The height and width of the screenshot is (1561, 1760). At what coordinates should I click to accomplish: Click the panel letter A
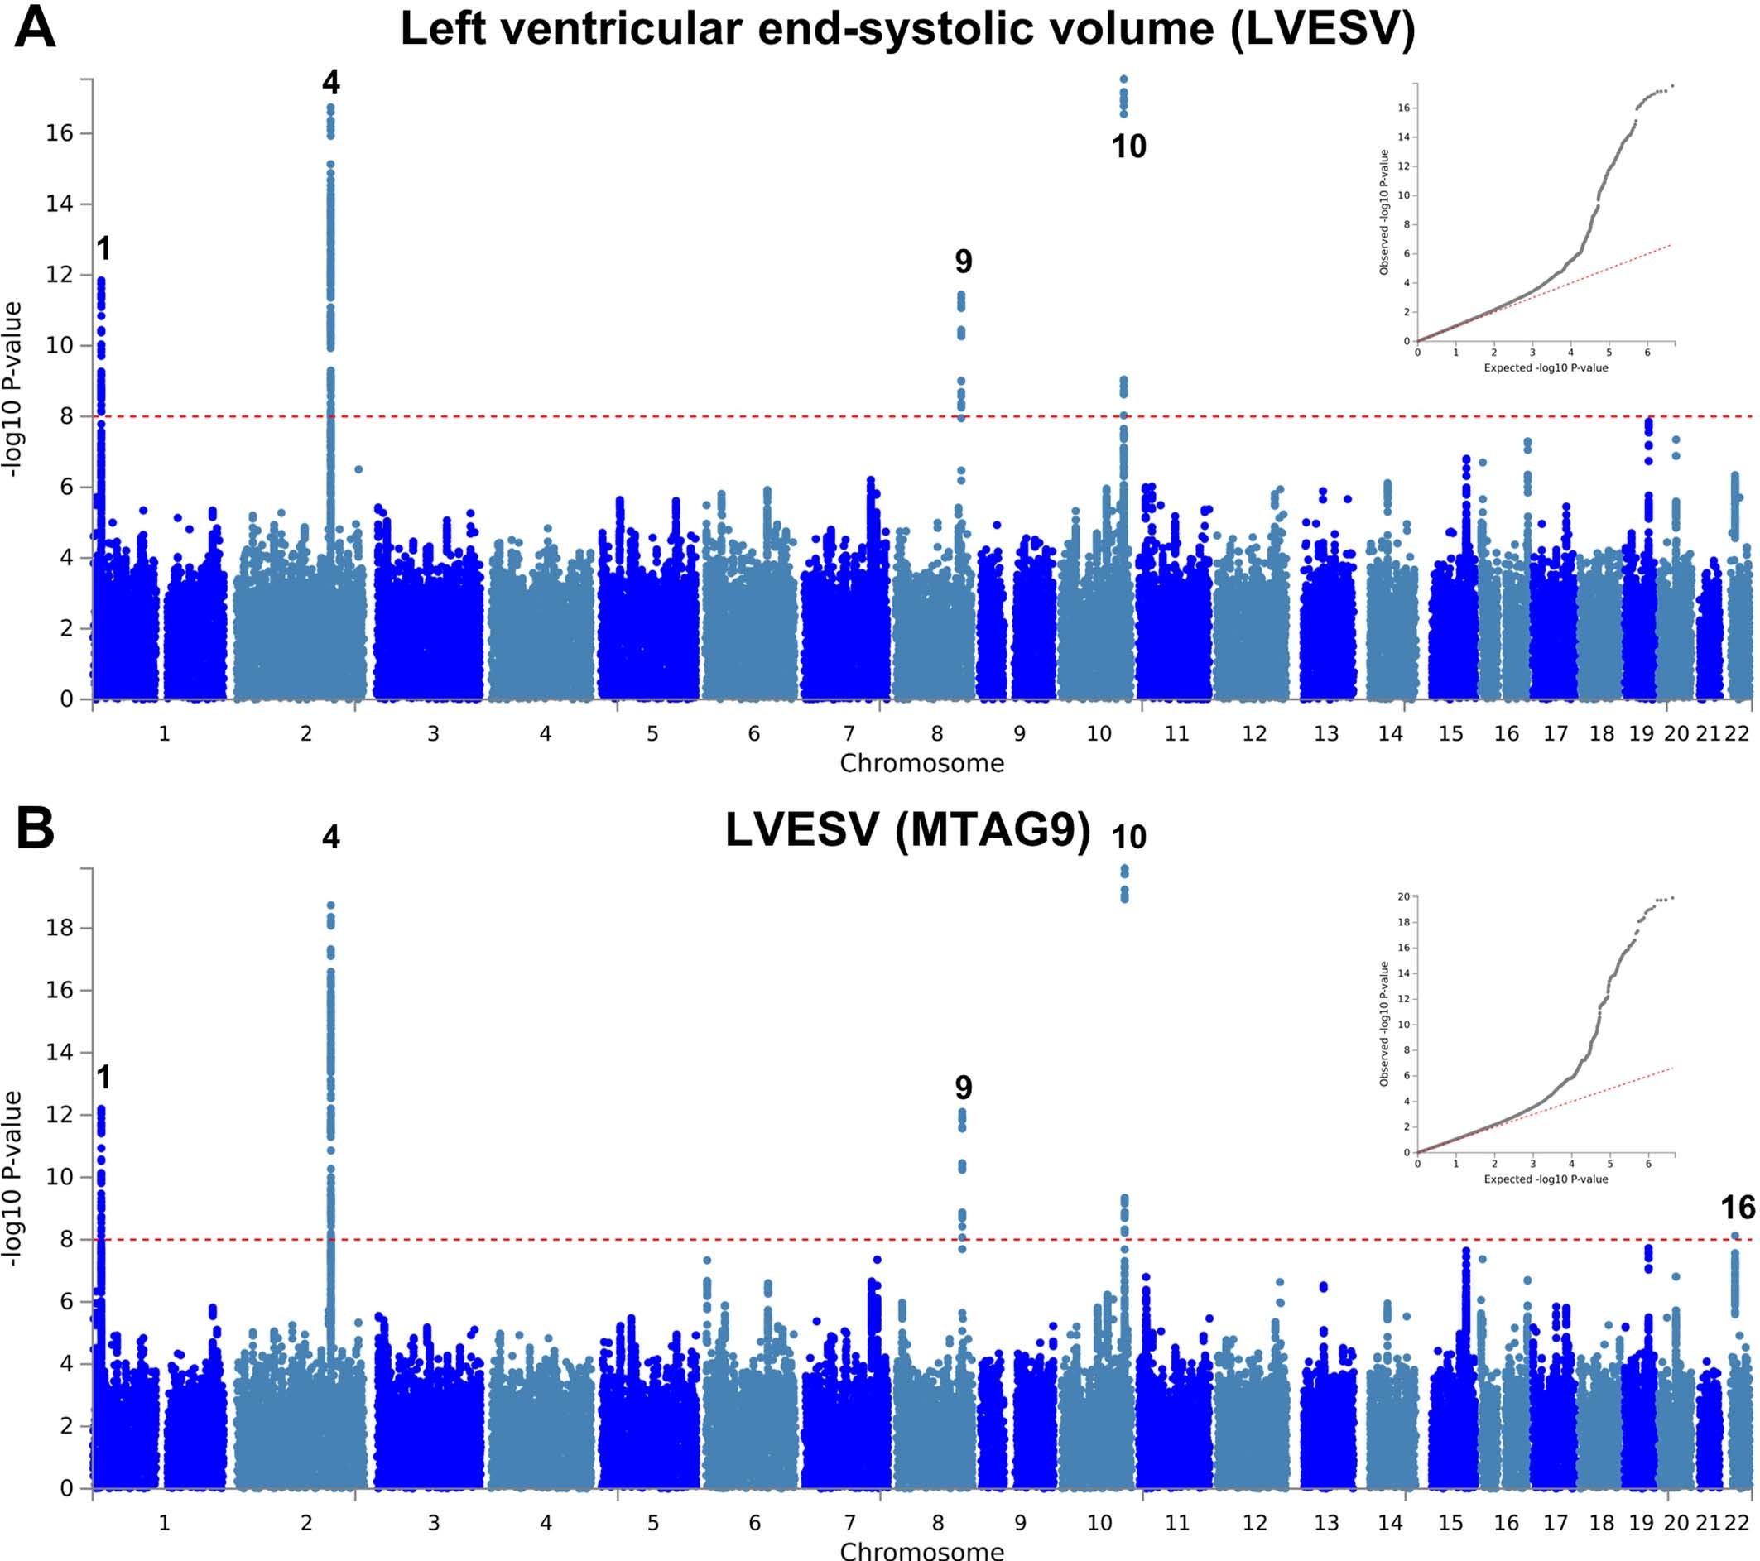click(35, 27)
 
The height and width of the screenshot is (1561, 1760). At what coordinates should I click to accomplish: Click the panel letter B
click(35, 829)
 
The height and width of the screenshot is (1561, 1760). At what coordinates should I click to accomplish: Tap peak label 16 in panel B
click(1738, 1208)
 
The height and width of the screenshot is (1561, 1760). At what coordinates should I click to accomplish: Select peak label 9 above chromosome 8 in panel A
click(964, 261)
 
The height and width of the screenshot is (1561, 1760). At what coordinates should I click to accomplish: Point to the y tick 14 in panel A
click(60, 204)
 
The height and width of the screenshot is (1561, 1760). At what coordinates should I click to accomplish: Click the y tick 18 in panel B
click(60, 928)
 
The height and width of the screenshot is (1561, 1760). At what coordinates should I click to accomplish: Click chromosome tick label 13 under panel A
click(1326, 733)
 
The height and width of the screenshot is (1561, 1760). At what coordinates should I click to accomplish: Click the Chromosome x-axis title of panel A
click(921, 764)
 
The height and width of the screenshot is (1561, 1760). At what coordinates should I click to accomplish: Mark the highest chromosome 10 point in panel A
click(1123, 79)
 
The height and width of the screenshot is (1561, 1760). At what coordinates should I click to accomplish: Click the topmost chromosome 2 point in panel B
click(330, 905)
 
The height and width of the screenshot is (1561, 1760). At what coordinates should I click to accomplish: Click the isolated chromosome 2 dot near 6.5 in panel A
click(359, 469)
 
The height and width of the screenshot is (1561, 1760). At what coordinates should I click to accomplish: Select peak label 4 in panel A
click(330, 83)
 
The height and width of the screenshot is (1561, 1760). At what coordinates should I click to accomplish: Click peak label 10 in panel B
click(1129, 837)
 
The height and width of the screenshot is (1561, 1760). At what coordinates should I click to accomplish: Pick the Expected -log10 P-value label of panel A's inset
click(1546, 367)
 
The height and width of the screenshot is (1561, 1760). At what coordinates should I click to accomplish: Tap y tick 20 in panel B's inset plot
click(1403, 897)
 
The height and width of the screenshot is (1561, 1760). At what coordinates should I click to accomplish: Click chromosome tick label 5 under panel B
click(652, 1523)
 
